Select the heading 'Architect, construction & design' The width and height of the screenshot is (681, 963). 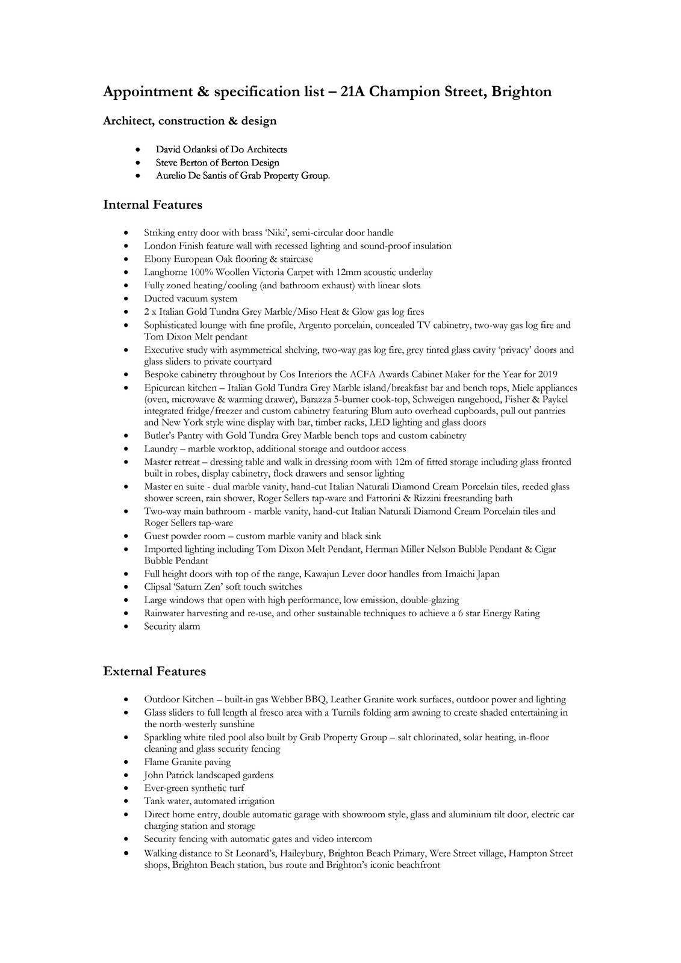(190, 121)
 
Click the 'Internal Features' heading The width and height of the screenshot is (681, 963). (152, 205)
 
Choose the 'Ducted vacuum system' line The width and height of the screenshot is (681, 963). (190, 299)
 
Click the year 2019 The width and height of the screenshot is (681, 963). (546, 374)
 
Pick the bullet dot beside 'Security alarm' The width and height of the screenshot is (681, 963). (125, 627)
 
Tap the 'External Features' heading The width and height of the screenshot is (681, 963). (154, 671)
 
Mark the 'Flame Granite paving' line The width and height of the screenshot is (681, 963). (187, 762)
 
